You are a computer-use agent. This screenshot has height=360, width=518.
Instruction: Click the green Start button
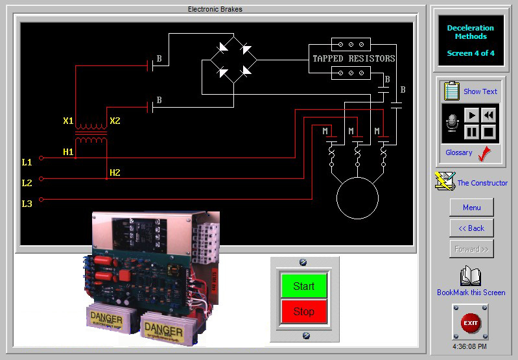coord(303,286)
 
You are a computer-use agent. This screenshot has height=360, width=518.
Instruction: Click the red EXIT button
coord(471,322)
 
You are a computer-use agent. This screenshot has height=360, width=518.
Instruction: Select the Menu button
coord(471,208)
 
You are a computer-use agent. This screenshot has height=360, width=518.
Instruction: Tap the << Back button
coord(471,228)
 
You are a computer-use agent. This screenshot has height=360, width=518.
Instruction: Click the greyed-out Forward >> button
coord(471,249)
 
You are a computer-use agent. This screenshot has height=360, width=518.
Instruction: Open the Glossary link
coord(459,152)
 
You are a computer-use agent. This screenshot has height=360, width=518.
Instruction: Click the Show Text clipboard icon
coord(452,91)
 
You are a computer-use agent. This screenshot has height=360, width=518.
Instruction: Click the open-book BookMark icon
coord(471,276)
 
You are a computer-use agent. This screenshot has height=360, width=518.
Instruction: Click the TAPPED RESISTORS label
coord(354,58)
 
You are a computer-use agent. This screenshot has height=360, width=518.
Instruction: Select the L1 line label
coord(27,162)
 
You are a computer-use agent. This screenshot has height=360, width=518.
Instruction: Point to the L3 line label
coord(27,204)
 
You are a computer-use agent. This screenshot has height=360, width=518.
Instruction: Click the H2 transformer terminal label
coord(115,173)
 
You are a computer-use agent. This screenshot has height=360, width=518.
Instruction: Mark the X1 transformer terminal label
coord(68,121)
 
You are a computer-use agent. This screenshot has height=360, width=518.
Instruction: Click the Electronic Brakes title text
coord(215,9)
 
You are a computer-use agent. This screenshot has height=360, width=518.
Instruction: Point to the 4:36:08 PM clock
coord(471,346)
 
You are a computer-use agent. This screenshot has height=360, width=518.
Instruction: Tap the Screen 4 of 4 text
coord(471,53)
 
